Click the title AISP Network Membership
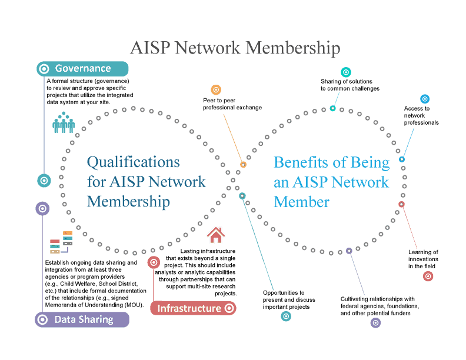pos(235,48)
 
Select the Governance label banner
pos(82,68)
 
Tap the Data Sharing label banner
pos(82,319)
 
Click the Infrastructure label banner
pos(193,308)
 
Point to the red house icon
pos(216,235)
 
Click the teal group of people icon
pos(64,122)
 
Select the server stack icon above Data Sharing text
pos(61,242)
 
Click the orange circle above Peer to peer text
pos(216,90)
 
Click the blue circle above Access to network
pos(424,99)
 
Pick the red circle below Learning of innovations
pos(428,275)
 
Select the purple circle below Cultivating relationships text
pos(375,322)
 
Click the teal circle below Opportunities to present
pos(286,316)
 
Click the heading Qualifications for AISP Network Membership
pos(146,182)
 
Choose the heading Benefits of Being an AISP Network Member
pos(331,182)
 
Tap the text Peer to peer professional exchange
pos(232,104)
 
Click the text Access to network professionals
pos(421,115)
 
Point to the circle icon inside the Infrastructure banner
pos(229,308)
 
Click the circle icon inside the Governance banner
pos(43,69)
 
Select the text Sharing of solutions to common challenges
pos(349,85)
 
